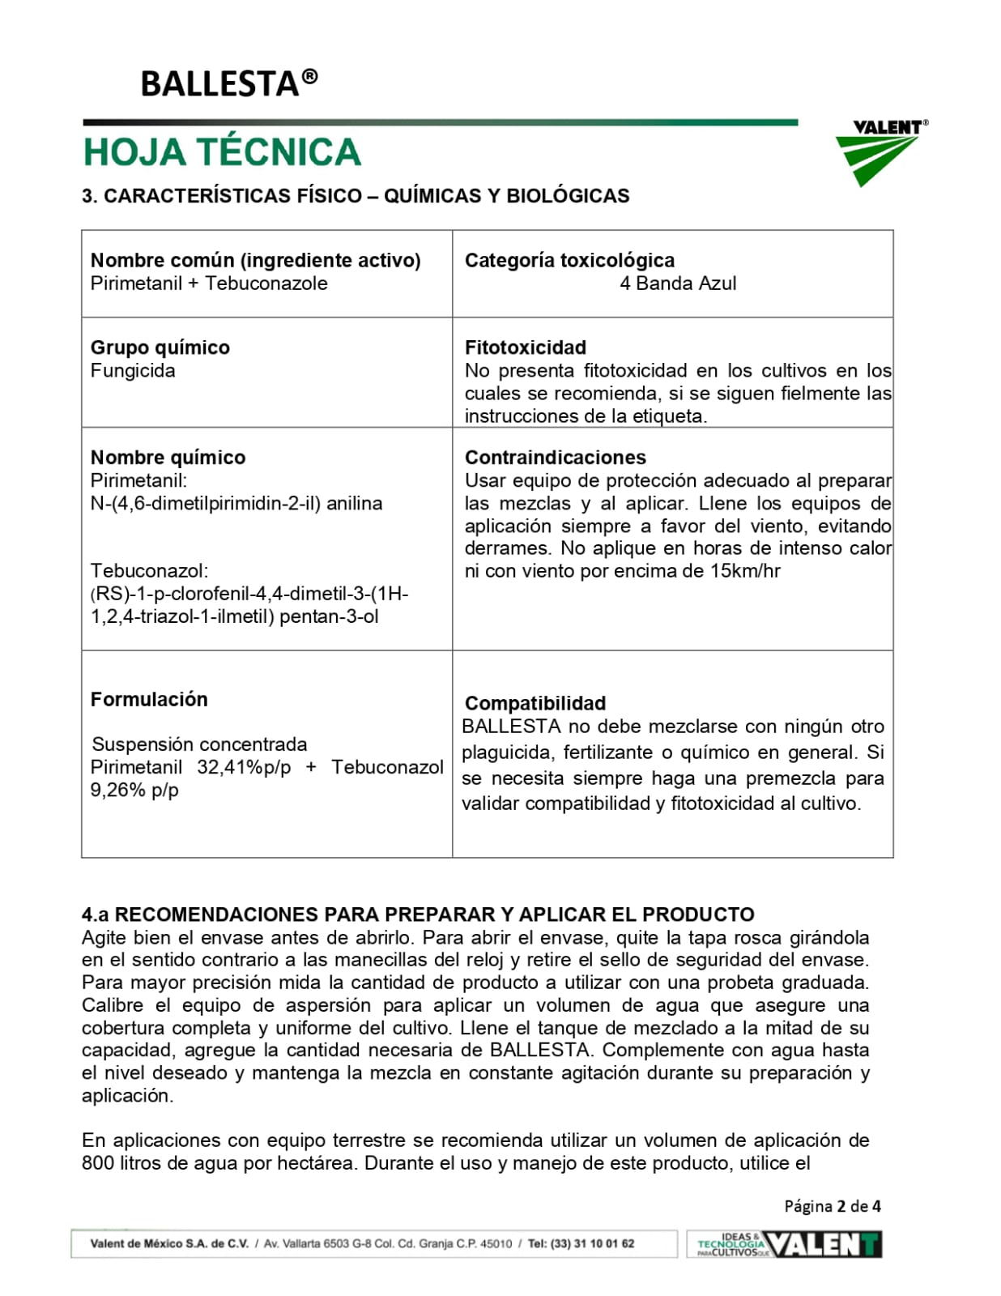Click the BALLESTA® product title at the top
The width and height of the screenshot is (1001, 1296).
point(228,83)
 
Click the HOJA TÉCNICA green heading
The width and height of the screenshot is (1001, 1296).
point(222,152)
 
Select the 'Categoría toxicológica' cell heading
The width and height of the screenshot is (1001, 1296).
point(569,260)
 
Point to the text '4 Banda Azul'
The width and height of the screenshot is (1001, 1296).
point(678,283)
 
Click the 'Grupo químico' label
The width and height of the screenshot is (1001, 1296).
point(160,347)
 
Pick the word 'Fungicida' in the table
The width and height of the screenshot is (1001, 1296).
point(133,371)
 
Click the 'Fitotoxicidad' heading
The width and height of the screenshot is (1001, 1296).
point(526,347)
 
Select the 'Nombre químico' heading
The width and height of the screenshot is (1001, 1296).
point(168,458)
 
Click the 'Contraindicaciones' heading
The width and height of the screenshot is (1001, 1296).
point(556,458)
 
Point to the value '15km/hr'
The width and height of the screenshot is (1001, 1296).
point(745,571)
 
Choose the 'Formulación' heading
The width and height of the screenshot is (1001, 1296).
point(149,700)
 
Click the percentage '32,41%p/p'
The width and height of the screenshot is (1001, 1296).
point(244,767)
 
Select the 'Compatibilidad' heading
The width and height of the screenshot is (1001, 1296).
point(535,703)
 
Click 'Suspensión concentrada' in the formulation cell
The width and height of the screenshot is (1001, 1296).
point(199,744)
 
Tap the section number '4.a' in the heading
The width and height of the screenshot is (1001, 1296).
point(95,915)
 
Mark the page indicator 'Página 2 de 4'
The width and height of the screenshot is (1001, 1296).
point(833,1206)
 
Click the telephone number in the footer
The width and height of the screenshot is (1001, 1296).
point(592,1244)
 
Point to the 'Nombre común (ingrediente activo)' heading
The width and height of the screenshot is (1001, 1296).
point(256,260)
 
